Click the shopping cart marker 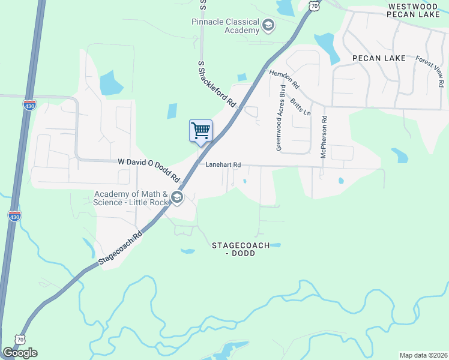tap(200, 130)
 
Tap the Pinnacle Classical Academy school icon tap(268, 25)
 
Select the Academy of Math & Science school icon tap(176, 197)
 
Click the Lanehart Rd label tap(223, 164)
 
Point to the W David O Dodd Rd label tap(149, 170)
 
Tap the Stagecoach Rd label tap(121, 247)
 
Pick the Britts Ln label tap(300, 104)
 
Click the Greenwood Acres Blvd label tap(279, 118)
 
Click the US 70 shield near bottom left tap(20, 339)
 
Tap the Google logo tap(20, 352)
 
